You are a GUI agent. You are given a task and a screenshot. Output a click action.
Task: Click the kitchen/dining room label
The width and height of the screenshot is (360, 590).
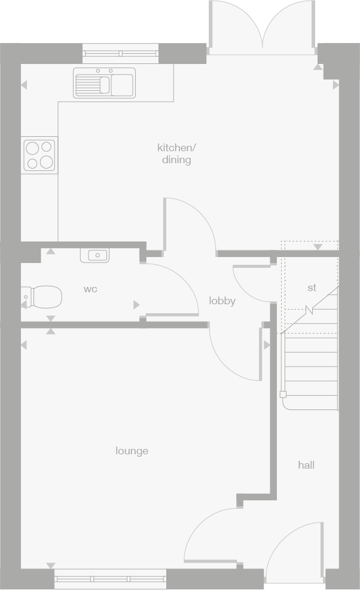click(176, 154)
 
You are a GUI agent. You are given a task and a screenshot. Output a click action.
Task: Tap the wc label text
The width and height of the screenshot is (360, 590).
click(90, 289)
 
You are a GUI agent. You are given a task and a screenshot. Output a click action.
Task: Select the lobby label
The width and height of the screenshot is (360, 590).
click(222, 301)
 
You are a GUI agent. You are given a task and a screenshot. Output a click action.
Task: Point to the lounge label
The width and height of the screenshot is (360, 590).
click(132, 451)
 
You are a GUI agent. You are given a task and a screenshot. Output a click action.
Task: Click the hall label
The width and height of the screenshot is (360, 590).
click(306, 464)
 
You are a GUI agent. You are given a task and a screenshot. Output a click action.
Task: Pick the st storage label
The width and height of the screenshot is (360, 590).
click(312, 288)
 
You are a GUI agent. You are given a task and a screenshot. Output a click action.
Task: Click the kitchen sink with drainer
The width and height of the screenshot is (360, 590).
click(105, 82)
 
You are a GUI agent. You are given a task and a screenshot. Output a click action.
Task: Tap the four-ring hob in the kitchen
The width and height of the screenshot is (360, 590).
click(39, 155)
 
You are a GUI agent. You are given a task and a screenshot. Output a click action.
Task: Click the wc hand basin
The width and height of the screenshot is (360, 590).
click(94, 255)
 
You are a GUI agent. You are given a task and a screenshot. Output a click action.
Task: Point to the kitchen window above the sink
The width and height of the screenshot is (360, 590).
click(120, 53)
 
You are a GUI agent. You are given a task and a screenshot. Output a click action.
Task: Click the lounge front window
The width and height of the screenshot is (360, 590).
click(111, 578)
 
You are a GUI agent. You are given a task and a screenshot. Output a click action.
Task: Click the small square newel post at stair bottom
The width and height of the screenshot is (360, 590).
click(283, 394)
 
